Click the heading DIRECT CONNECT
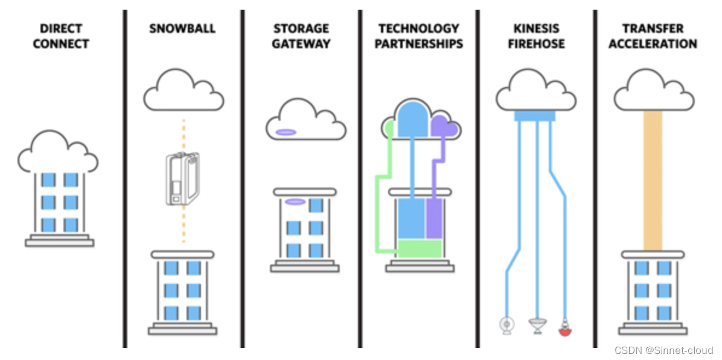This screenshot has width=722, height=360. click(x=61, y=36)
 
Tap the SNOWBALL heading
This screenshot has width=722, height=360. click(x=183, y=28)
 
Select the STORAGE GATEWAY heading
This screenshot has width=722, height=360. click(x=301, y=36)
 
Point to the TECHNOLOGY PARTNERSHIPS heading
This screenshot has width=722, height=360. click(x=419, y=36)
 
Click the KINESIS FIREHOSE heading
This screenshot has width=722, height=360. click(x=537, y=36)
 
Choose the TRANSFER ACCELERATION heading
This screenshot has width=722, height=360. click(x=653, y=36)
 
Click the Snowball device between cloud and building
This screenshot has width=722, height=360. click(x=183, y=179)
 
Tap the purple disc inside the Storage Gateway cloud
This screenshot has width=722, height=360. click(x=286, y=132)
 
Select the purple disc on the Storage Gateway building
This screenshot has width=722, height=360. click(x=295, y=202)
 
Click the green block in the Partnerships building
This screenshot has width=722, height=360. click(x=419, y=248)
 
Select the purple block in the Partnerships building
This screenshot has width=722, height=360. click(x=434, y=217)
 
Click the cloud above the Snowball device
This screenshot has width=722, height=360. click(x=184, y=91)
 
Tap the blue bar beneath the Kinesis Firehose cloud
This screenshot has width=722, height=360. click(x=535, y=115)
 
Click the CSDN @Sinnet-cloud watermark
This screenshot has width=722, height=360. click(x=663, y=350)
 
